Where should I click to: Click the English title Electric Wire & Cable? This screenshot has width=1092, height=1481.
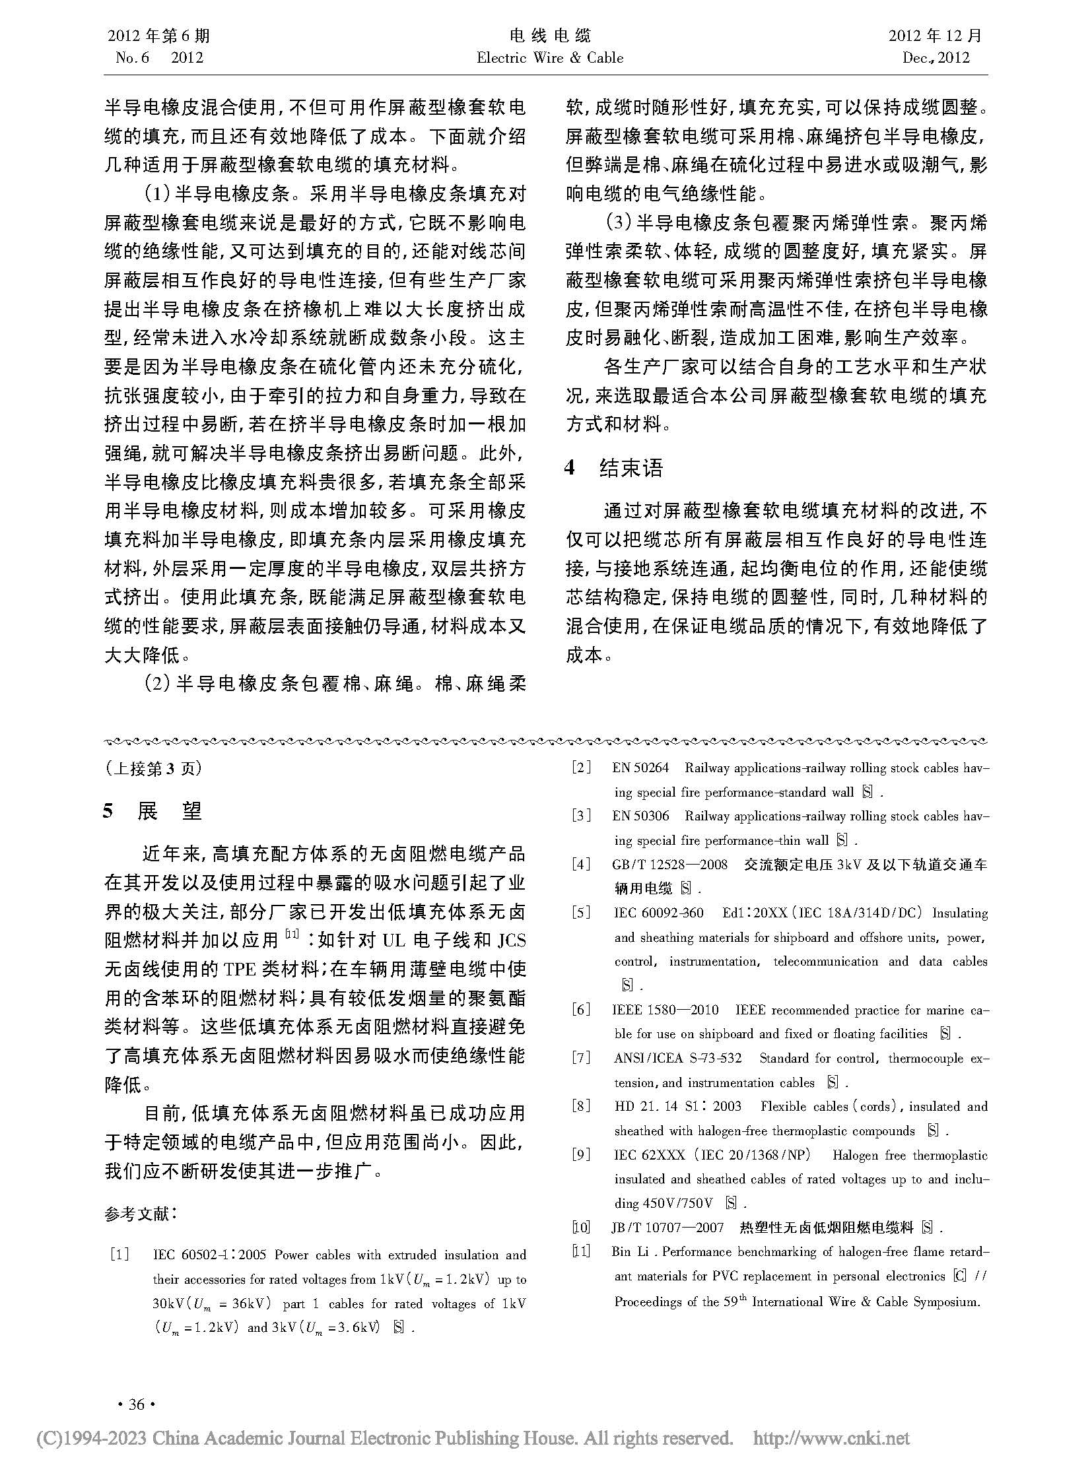[550, 58]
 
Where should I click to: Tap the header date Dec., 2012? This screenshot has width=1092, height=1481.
[936, 58]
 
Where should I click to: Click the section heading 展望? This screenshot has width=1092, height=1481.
[168, 811]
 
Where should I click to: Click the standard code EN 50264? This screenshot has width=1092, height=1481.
[640, 768]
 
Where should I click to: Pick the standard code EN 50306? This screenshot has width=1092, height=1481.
[640, 816]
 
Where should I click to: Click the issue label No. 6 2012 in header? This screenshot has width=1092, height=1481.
[158, 58]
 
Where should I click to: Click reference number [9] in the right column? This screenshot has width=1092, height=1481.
[581, 1155]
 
